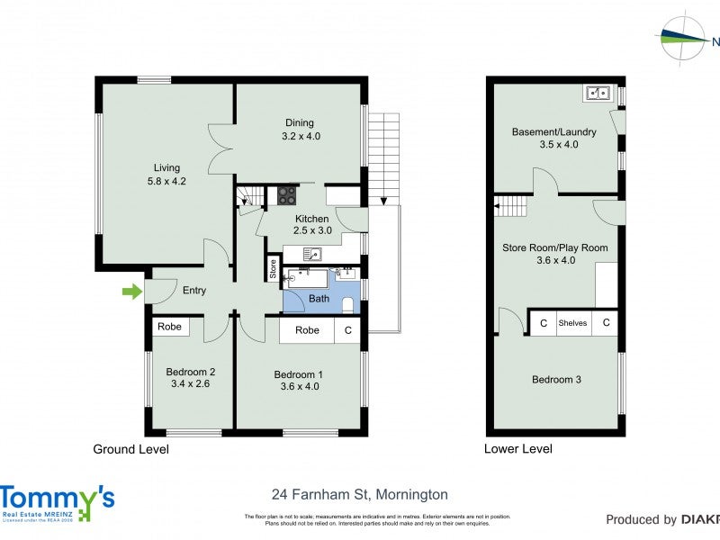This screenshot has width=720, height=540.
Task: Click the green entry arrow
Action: (x=132, y=291)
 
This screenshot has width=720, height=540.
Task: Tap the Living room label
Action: (x=166, y=167)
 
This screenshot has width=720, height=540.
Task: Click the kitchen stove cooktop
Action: (x=287, y=195)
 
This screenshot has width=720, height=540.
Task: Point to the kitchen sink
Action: (x=312, y=254)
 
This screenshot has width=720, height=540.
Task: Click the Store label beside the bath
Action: (x=273, y=267)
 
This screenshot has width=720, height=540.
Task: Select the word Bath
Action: (x=319, y=299)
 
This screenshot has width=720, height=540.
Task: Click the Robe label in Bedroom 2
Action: (x=169, y=327)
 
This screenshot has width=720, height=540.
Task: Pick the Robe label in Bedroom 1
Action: (x=308, y=330)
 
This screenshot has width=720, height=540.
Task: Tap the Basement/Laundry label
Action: (x=553, y=132)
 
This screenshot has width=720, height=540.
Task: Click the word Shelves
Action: (x=572, y=323)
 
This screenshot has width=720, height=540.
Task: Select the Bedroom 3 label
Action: (x=556, y=380)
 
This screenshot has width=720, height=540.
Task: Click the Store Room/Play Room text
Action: (x=554, y=247)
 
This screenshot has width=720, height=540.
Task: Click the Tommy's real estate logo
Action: (x=57, y=502)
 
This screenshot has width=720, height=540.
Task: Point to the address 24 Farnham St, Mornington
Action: (x=359, y=494)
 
